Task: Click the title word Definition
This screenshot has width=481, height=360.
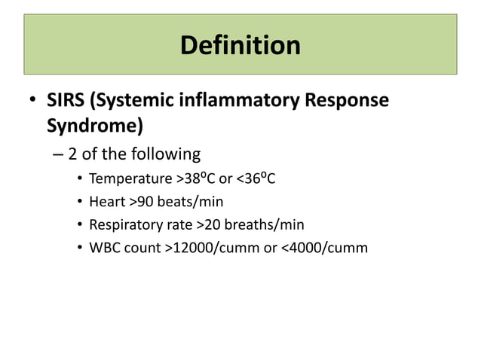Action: pos(240,45)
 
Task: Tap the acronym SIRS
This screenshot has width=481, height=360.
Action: pos(66,100)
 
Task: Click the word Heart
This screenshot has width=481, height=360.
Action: pos(107,202)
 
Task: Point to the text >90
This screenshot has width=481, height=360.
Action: pos(141,202)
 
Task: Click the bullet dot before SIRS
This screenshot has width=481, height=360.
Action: pos(32,101)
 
